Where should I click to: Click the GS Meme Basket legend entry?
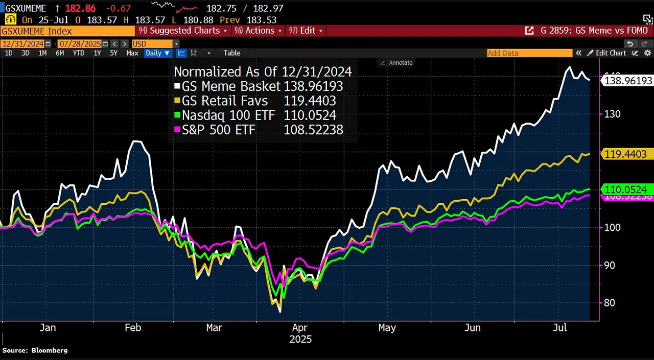pos(231,86)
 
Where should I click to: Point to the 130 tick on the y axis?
pos(612,114)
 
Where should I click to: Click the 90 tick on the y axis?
pos(610,265)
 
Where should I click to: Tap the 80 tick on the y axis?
pos(610,303)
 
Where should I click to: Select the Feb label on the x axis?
pos(133,327)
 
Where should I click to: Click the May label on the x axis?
pos(387,327)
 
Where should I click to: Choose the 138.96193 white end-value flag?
pos(628,81)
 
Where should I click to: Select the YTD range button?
pos(79,53)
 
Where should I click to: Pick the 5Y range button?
pos(113,53)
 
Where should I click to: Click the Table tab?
pos(232,53)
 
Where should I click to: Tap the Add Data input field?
pos(529,53)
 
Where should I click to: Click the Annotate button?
pos(397,63)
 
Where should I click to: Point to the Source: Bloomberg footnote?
pos(35,350)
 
